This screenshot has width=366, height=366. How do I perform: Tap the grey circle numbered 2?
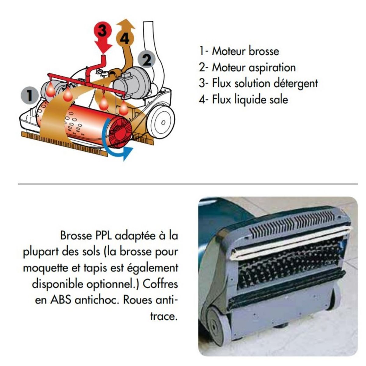coord(146,60)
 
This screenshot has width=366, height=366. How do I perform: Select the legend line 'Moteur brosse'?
coord(239,51)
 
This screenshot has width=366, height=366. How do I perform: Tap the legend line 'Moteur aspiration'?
coord(247,67)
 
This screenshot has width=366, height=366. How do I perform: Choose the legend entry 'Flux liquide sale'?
coord(243,100)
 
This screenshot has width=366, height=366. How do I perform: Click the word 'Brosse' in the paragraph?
coord(76,235)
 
